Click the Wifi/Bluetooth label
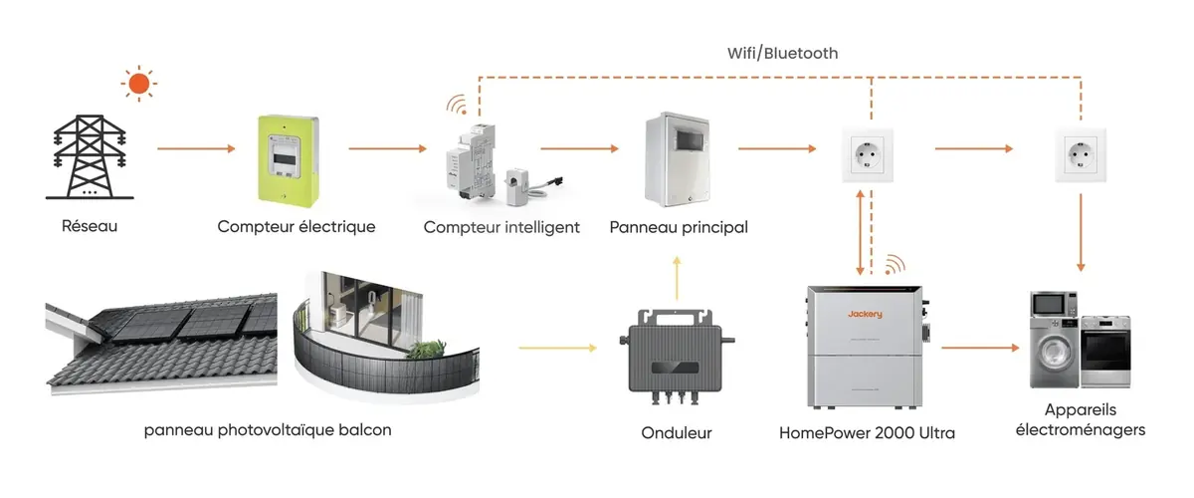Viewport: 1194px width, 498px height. tap(781, 52)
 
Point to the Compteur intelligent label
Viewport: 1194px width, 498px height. tap(501, 227)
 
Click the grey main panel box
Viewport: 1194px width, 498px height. tap(680, 157)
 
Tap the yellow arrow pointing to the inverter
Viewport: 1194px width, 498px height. tap(557, 349)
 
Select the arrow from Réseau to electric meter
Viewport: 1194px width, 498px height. tap(195, 149)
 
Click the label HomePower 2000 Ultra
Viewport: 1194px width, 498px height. tap(868, 433)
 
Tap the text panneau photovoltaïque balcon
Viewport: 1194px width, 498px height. tap(268, 430)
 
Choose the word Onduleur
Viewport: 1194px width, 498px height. tap(678, 433)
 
